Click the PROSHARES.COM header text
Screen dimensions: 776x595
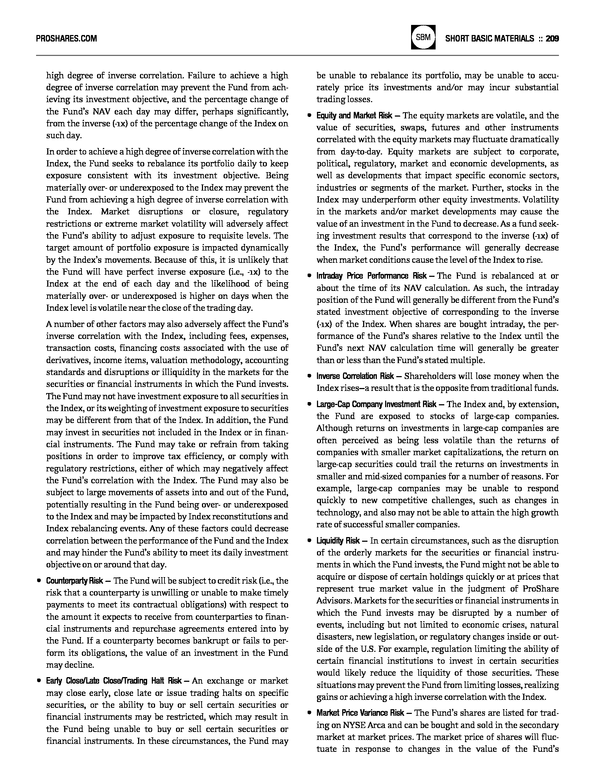point(66,38)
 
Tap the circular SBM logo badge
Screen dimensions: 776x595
point(423,38)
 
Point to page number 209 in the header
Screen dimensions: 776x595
point(552,38)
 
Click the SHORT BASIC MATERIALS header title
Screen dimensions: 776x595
point(490,38)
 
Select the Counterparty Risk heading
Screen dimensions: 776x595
point(75,581)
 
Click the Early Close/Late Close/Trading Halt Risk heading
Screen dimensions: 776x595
point(114,681)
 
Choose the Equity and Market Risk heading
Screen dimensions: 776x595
point(354,115)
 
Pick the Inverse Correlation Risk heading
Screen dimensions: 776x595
point(355,376)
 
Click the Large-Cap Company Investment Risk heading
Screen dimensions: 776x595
point(376,404)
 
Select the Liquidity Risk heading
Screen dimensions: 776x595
point(338,541)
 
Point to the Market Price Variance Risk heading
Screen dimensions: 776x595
point(360,713)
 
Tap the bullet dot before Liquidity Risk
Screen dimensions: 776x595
point(309,541)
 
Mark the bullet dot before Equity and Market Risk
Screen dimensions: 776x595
point(309,116)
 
